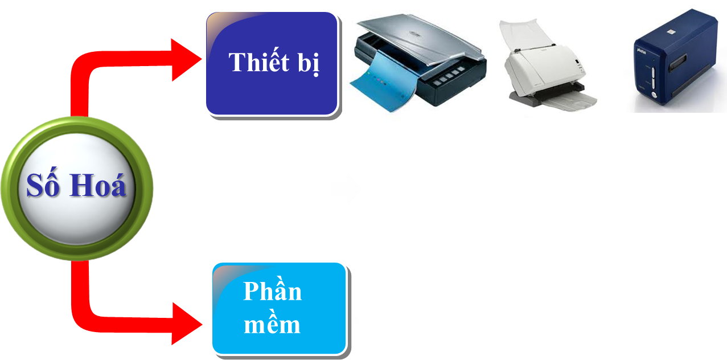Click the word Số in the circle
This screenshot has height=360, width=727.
click(x=43, y=186)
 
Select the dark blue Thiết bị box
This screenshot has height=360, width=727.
click(x=272, y=63)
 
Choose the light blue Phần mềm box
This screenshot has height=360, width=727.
click(x=279, y=308)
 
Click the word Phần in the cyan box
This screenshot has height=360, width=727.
click(x=272, y=291)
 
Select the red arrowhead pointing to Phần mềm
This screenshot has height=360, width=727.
click(x=188, y=324)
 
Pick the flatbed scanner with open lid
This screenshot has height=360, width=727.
click(x=419, y=63)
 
